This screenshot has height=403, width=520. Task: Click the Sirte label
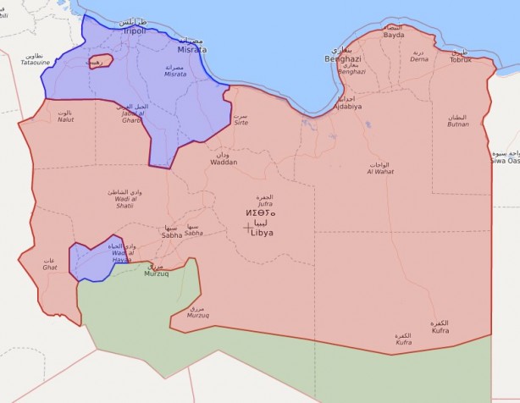coord(241,123)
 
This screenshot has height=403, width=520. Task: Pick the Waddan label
coord(224,162)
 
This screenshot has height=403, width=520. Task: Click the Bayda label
coord(394,36)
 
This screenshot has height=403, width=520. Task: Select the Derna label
coord(419,59)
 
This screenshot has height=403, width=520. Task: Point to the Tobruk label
coord(460,59)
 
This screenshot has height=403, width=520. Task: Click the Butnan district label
coord(458,124)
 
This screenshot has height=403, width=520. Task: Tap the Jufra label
coord(265,203)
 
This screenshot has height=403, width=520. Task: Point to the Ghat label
coord(51,268)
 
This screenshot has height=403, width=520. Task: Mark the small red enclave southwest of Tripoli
coord(100,62)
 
